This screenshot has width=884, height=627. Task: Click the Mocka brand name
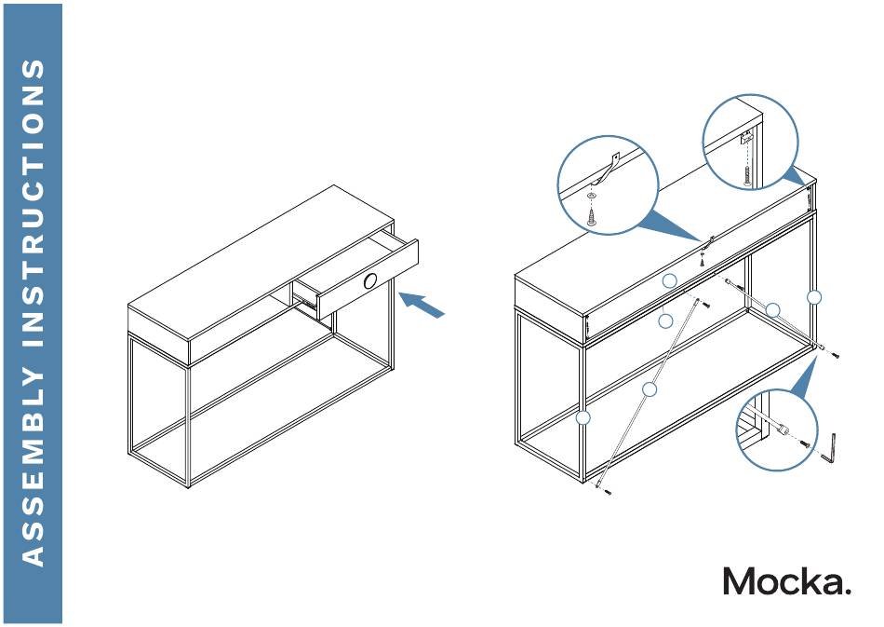786,581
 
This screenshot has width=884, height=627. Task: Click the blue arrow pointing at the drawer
422,305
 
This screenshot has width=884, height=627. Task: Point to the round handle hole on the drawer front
371,281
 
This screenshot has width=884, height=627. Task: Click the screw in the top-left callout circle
593,216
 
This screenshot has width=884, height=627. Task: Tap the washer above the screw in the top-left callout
593,197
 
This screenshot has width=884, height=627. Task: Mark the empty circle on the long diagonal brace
650,389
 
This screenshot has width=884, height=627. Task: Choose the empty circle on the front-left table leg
583,418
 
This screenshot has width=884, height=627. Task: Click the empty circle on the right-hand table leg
814,297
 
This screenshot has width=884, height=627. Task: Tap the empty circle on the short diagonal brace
773,310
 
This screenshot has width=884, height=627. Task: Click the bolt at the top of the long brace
706,305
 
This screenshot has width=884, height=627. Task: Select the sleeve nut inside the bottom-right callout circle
784,432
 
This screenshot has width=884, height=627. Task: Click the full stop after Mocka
846,593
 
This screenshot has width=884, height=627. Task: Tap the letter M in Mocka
741,581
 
